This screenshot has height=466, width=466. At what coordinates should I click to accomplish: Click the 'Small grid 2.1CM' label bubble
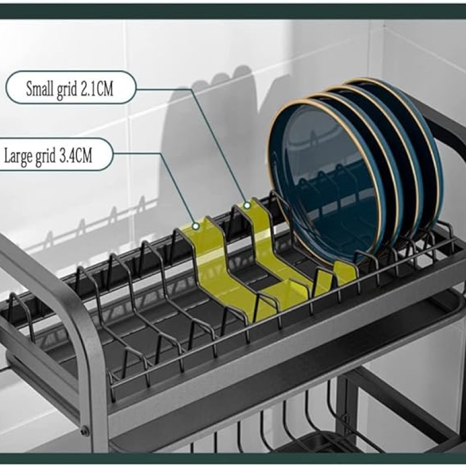point(71,87)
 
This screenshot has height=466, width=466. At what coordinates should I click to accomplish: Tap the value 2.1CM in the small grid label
point(97,89)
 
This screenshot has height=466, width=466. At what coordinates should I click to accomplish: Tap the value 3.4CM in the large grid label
point(76,156)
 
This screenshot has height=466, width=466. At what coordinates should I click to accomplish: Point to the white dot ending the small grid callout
point(246,206)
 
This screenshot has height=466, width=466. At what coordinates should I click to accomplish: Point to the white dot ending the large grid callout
point(195,227)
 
